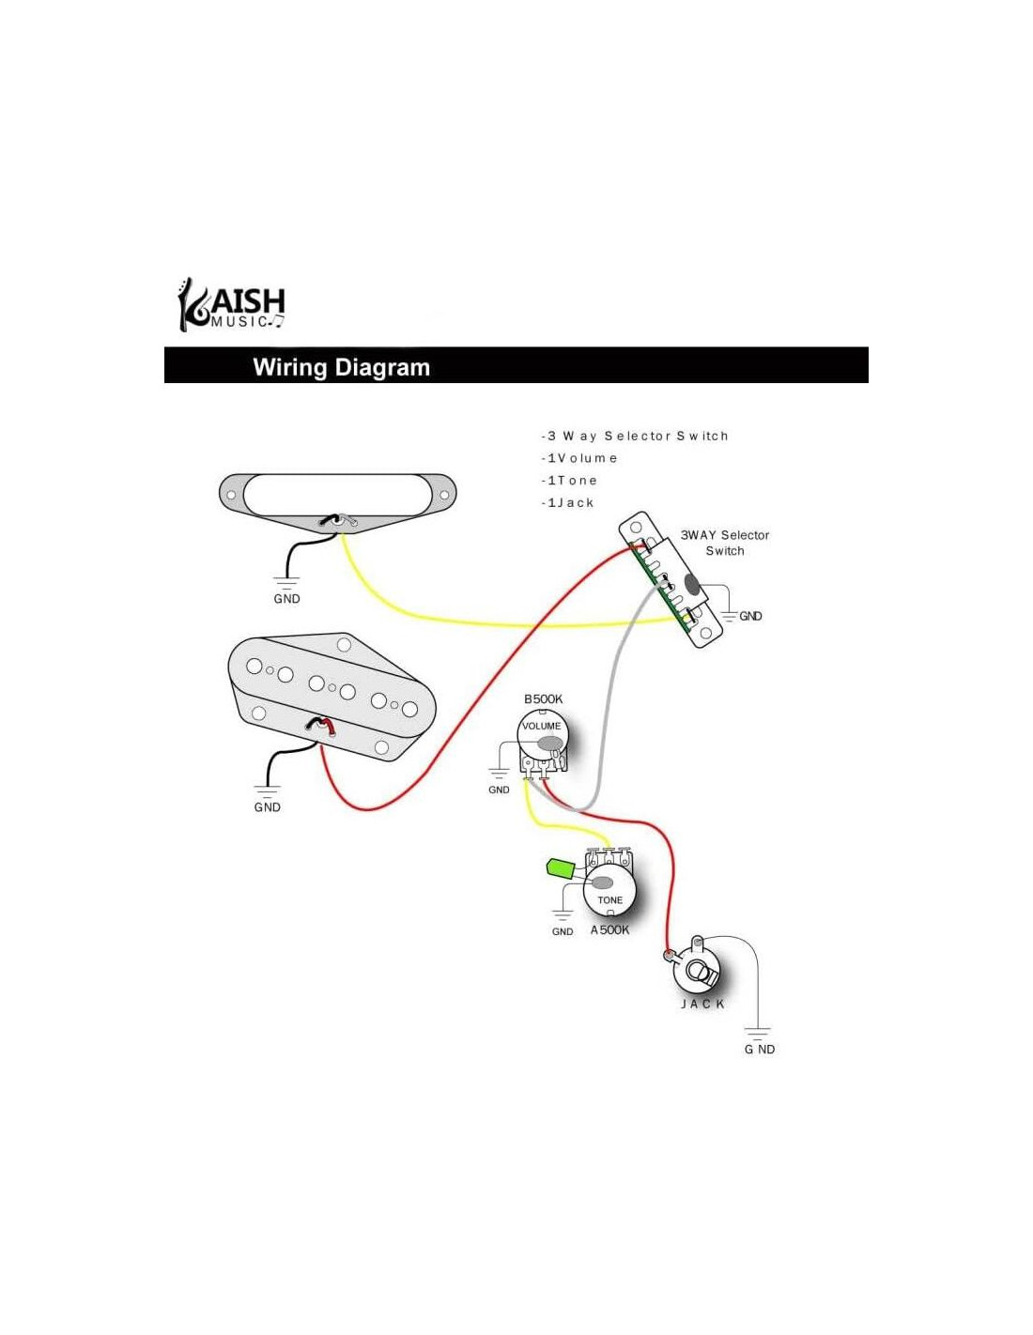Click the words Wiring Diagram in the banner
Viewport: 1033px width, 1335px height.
(x=341, y=367)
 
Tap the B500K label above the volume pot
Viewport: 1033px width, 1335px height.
(x=543, y=699)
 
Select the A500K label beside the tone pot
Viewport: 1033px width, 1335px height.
(x=609, y=930)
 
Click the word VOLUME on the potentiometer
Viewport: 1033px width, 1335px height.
(x=541, y=726)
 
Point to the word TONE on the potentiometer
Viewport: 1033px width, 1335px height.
(x=609, y=900)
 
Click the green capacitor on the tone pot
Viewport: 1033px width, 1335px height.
(x=561, y=868)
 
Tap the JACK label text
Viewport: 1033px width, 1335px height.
(x=702, y=1005)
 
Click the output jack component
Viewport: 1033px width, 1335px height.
(x=701, y=971)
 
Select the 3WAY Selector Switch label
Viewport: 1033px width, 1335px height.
(x=724, y=543)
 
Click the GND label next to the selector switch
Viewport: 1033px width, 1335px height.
(x=750, y=616)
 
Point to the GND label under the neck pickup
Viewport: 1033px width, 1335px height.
(x=286, y=599)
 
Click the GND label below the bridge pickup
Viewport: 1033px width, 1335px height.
(x=267, y=807)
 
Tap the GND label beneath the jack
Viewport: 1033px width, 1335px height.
(x=759, y=1050)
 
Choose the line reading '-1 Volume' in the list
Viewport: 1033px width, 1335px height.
(x=579, y=458)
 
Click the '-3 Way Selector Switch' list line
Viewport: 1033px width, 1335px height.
(x=635, y=436)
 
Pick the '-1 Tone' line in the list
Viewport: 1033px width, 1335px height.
(x=569, y=481)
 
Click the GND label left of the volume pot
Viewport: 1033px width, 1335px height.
(x=499, y=790)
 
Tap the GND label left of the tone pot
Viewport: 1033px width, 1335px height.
(x=562, y=931)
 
